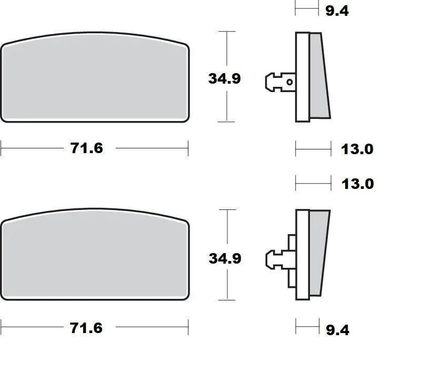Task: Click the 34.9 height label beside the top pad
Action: click(224, 78)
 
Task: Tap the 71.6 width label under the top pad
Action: click(87, 148)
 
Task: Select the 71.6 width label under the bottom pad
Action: click(87, 328)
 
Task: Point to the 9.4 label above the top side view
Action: click(337, 11)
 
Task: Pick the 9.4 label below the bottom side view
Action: click(337, 330)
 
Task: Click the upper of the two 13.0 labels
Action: click(357, 149)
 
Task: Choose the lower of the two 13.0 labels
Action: click(357, 184)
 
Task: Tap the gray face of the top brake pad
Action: click(95, 79)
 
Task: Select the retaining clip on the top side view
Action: click(276, 82)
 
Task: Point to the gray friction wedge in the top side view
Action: click(319, 76)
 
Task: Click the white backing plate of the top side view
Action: click(302, 76)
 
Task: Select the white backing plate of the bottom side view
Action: click(302, 255)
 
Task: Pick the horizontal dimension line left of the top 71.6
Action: click(32, 148)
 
